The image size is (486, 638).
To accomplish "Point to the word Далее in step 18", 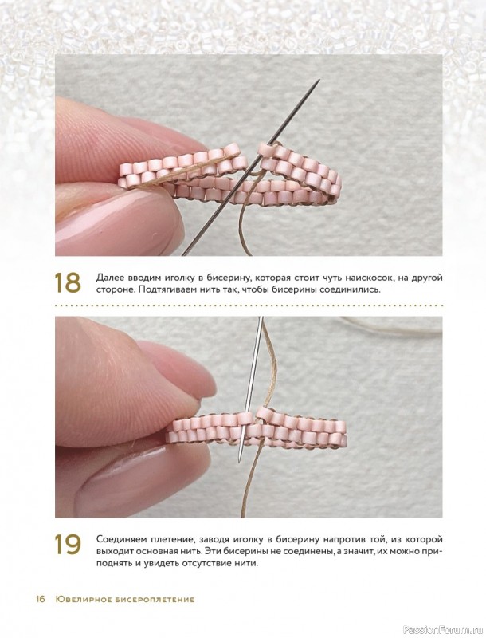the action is pos(108,278).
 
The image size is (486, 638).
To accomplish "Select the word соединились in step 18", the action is pos(355,290).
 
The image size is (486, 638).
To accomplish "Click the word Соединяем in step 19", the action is pos(117,540).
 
